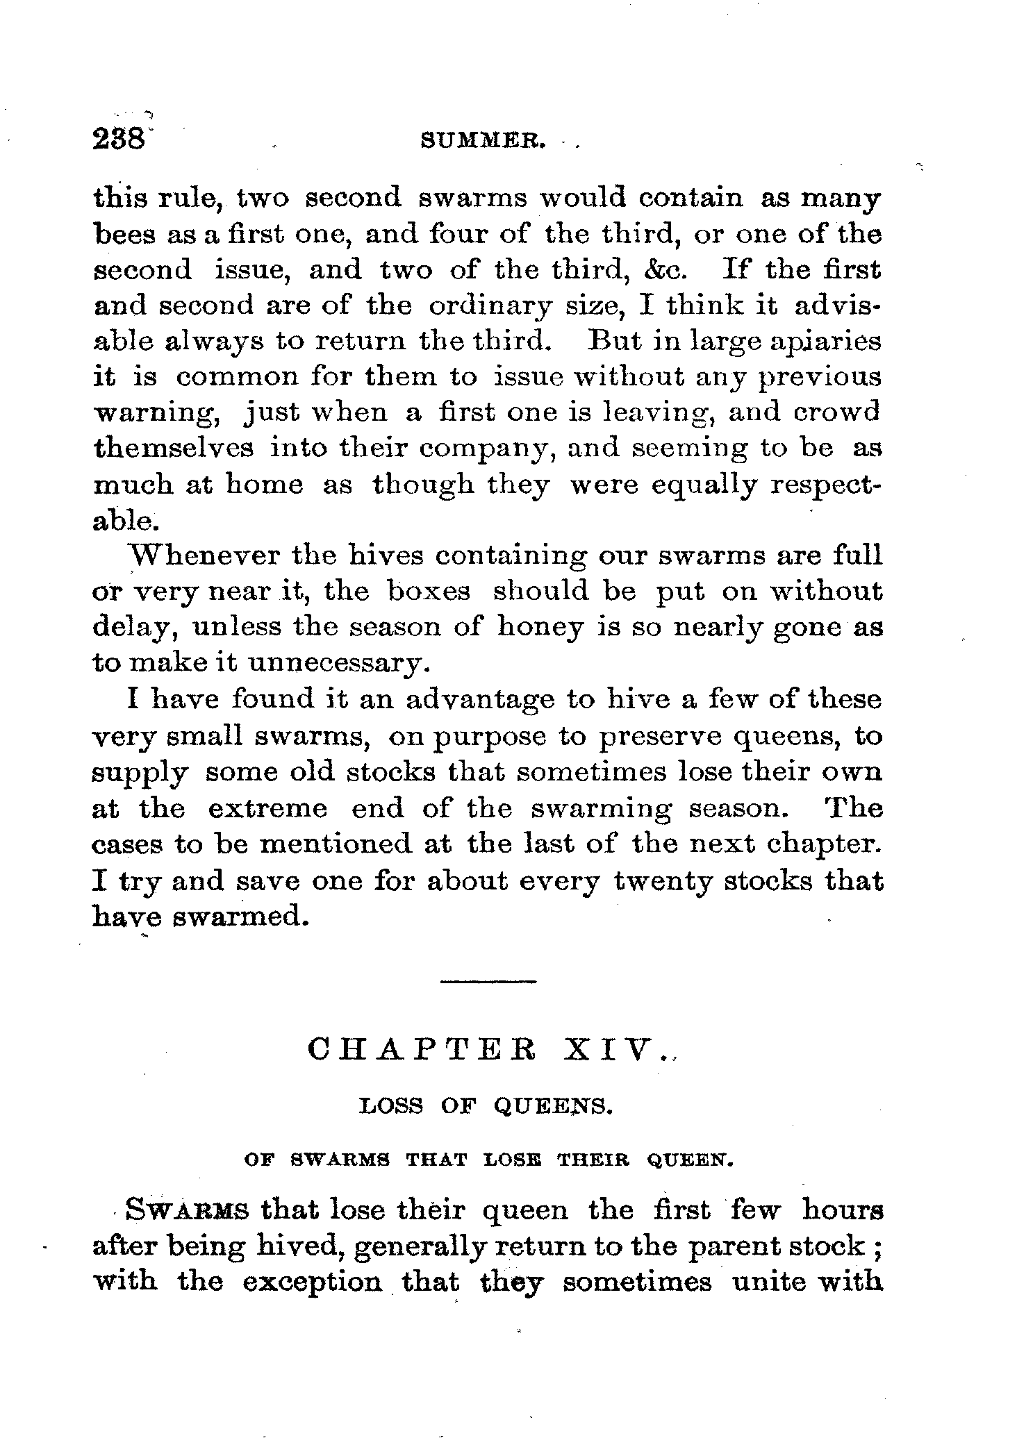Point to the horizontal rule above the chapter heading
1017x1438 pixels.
click(488, 981)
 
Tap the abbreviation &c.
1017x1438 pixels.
click(668, 270)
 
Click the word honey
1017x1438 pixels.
click(540, 628)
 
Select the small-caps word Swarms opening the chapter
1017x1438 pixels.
click(186, 1210)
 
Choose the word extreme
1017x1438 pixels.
click(267, 809)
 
